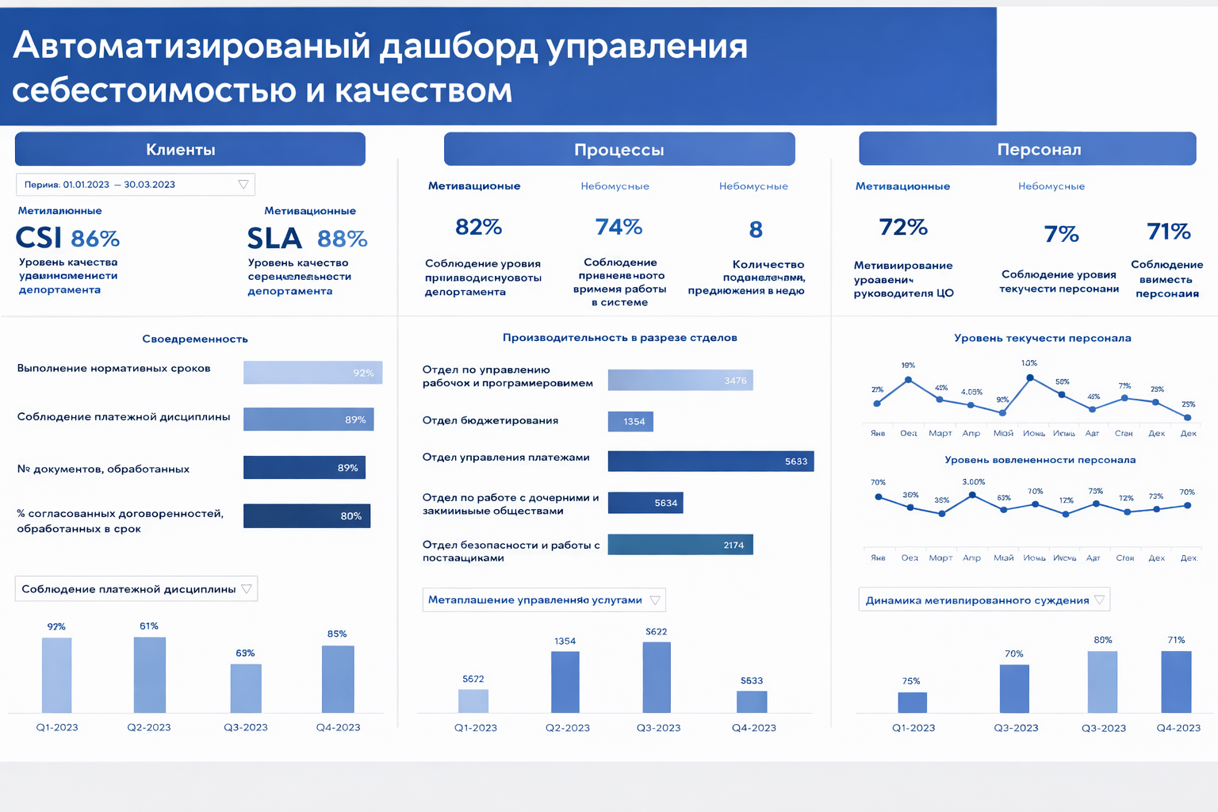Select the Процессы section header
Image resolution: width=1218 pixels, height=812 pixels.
pyautogui.click(x=619, y=149)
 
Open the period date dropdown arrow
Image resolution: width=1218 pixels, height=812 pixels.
pyautogui.click(x=243, y=185)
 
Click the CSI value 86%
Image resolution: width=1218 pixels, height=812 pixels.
pyautogui.click(x=95, y=239)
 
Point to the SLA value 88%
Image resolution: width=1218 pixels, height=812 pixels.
pyautogui.click(x=342, y=239)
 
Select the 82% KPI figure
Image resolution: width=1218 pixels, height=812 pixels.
pyautogui.click(x=478, y=228)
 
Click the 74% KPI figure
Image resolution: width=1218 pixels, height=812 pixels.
pyautogui.click(x=619, y=228)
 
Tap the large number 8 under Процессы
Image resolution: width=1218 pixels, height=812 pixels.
pyautogui.click(x=756, y=230)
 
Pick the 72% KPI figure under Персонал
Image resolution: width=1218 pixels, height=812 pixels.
pyautogui.click(x=903, y=228)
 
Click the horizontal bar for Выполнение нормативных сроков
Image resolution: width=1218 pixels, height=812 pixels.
pyautogui.click(x=312, y=373)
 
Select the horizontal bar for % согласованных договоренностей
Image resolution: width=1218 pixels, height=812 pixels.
pyautogui.click(x=307, y=515)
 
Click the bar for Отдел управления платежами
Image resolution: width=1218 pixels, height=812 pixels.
pyautogui.click(x=710, y=462)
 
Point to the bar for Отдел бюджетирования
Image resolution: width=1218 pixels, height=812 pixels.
pyautogui.click(x=630, y=421)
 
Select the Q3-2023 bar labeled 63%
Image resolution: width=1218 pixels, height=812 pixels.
pyautogui.click(x=246, y=688)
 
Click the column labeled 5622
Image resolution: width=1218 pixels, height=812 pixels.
pyautogui.click(x=657, y=676)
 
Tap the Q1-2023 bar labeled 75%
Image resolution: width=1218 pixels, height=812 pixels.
pyautogui.click(x=912, y=702)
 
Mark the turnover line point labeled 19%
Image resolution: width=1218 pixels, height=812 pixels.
pyautogui.click(x=908, y=381)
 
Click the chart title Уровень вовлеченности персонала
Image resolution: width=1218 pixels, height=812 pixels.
pyautogui.click(x=1040, y=460)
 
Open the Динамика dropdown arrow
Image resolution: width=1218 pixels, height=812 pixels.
pyautogui.click(x=1099, y=599)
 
